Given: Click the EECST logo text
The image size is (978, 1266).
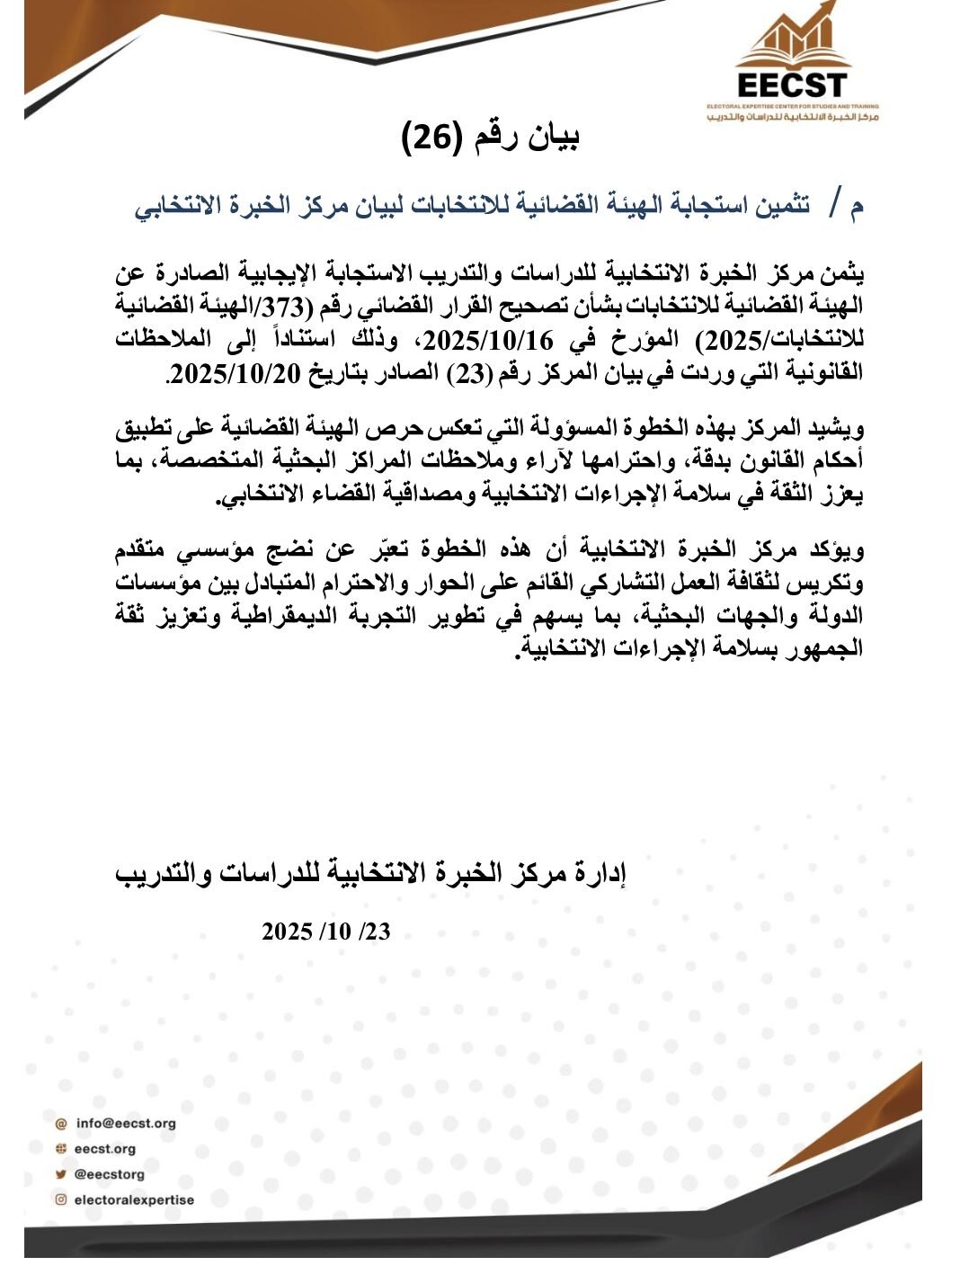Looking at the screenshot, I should [792, 85].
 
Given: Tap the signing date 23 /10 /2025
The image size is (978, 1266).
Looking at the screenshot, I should [326, 932].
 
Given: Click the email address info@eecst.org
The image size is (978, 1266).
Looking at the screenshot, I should [126, 1123].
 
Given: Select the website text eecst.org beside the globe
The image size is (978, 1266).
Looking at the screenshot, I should [105, 1148].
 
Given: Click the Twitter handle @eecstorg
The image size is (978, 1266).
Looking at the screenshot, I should [109, 1173].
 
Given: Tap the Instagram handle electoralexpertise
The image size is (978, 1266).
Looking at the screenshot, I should [134, 1199].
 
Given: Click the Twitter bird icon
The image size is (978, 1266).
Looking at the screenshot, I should [61, 1173].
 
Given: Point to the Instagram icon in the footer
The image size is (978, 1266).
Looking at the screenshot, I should [61, 1199].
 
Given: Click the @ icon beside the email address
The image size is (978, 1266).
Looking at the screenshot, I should [61, 1123].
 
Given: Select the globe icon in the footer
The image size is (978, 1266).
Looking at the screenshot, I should [61, 1148].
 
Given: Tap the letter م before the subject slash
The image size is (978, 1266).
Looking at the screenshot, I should [856, 206].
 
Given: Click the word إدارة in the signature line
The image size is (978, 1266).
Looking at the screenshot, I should [600, 873].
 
